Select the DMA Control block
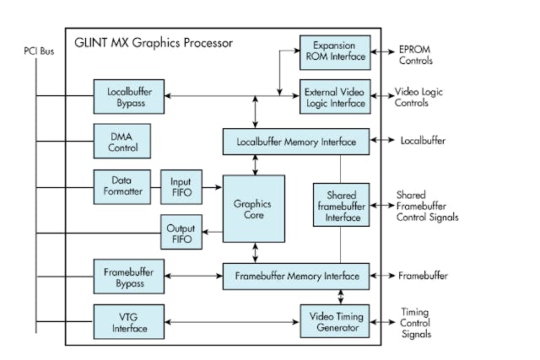pyautogui.click(x=121, y=141)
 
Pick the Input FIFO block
pyautogui.click(x=180, y=185)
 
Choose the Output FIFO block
pyautogui.click(x=180, y=232)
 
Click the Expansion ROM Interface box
pyautogui.click(x=335, y=51)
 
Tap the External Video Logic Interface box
pyautogui.click(x=335, y=94)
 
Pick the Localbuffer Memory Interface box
pyautogui.click(x=295, y=141)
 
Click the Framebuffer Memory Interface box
pyautogui.click(x=295, y=276)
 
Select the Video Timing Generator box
pyautogui.click(x=335, y=320)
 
